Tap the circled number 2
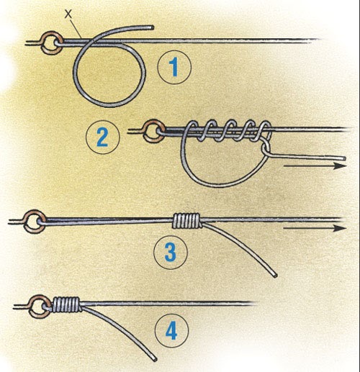coord(102,137)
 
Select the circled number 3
coord(171,252)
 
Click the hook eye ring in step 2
coord(152,131)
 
